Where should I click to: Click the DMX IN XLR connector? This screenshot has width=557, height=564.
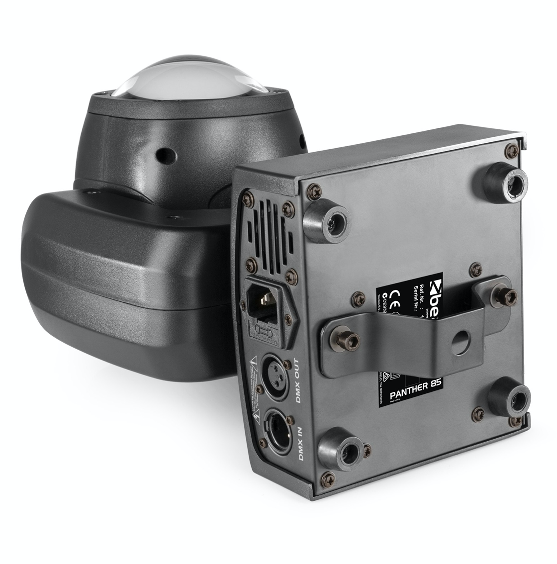tap(279, 429)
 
